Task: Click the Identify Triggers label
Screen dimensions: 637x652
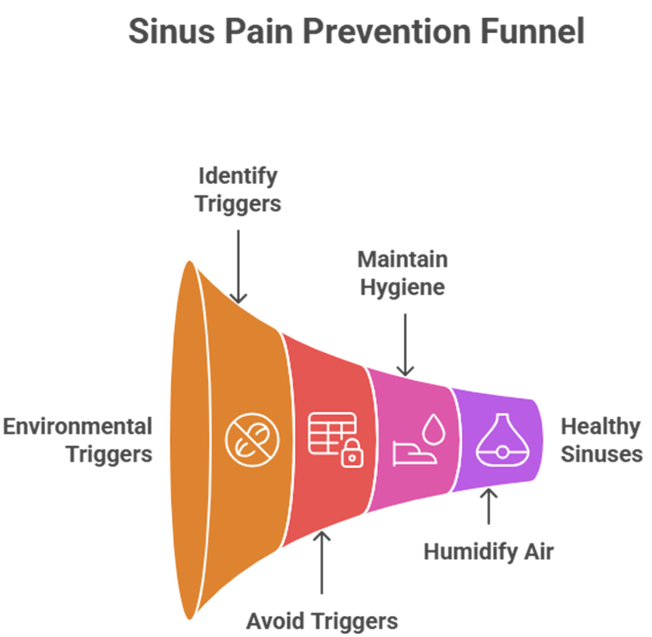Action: pos(238,190)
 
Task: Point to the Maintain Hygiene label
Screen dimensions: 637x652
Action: pos(402,273)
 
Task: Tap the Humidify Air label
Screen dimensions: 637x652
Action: pos(488,552)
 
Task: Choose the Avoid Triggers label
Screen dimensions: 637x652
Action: pos(322,621)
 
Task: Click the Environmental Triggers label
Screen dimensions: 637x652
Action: pos(78,440)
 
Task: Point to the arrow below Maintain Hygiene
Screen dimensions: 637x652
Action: pos(406,344)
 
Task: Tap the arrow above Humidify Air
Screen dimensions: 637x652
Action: pos(488,507)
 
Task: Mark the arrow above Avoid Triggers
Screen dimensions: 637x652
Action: pos(322,563)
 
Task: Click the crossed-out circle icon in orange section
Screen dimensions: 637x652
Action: pos(252,440)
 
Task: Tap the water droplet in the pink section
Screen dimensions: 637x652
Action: pos(432,429)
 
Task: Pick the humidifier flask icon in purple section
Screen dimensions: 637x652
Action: pos(501,440)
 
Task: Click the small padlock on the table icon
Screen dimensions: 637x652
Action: pos(350,456)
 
